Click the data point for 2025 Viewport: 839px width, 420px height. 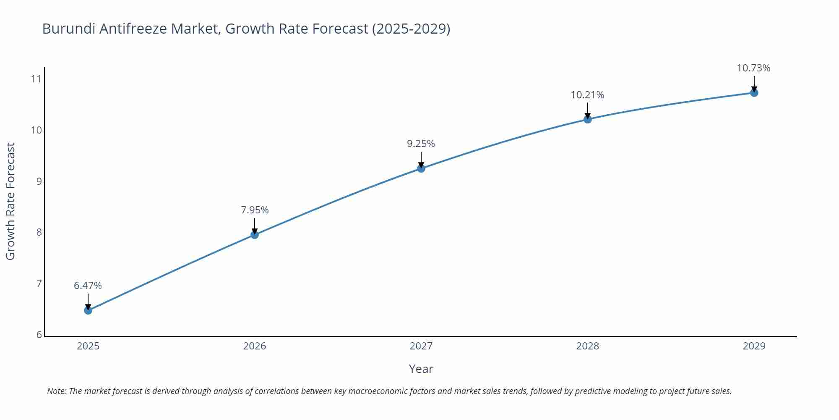click(x=88, y=310)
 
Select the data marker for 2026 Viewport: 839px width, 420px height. click(x=255, y=234)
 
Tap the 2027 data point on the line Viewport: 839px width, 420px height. click(x=421, y=168)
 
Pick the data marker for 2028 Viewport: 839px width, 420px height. click(x=588, y=119)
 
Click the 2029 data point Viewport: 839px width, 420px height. click(x=754, y=93)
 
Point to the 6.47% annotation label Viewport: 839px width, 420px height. click(x=88, y=286)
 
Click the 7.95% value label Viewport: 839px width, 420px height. click(x=255, y=210)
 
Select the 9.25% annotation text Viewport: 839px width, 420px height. click(x=421, y=144)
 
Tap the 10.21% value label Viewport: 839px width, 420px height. click(x=587, y=95)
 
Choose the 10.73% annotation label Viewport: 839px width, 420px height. click(x=753, y=68)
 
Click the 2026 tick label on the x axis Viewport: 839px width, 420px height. click(x=255, y=346)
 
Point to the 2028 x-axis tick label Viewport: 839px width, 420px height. click(x=587, y=346)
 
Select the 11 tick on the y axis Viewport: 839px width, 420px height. click(x=36, y=79)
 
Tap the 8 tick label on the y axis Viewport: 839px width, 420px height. click(x=39, y=232)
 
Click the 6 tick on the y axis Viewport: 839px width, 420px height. click(x=39, y=335)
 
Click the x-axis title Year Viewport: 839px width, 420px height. click(x=421, y=369)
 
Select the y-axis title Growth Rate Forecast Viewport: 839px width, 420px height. click(x=10, y=201)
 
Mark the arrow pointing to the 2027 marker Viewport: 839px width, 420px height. click(x=421, y=160)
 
